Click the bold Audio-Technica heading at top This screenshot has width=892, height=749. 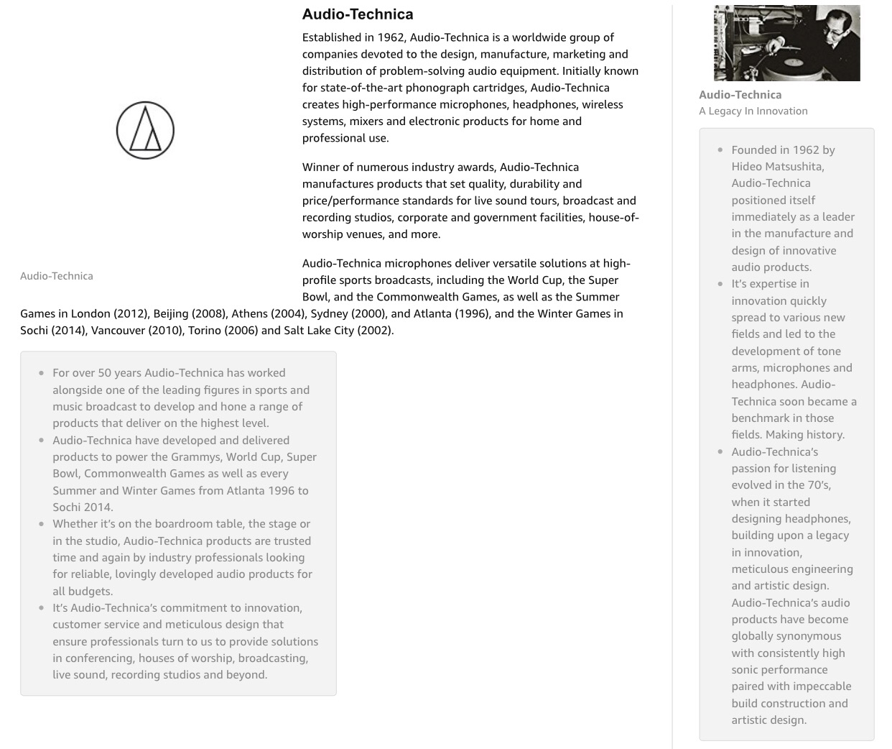point(358,14)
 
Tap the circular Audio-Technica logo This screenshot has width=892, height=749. point(145,130)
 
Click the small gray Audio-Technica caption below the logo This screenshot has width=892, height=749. point(57,276)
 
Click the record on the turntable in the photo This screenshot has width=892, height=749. point(792,63)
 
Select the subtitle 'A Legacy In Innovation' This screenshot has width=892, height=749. point(753,111)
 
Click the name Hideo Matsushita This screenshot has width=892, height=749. point(778,167)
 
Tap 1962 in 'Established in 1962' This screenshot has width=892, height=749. point(390,37)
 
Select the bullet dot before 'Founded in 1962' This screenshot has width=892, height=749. point(720,150)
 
